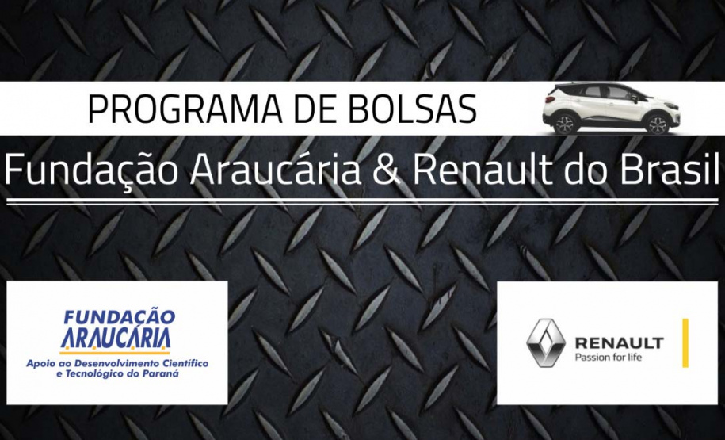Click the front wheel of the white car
click(658, 124)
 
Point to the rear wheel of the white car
click(565, 124)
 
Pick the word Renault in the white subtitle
click(483, 170)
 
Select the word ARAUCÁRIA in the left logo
click(116, 339)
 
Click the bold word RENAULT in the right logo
click(619, 343)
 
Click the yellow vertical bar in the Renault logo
click(685, 342)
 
